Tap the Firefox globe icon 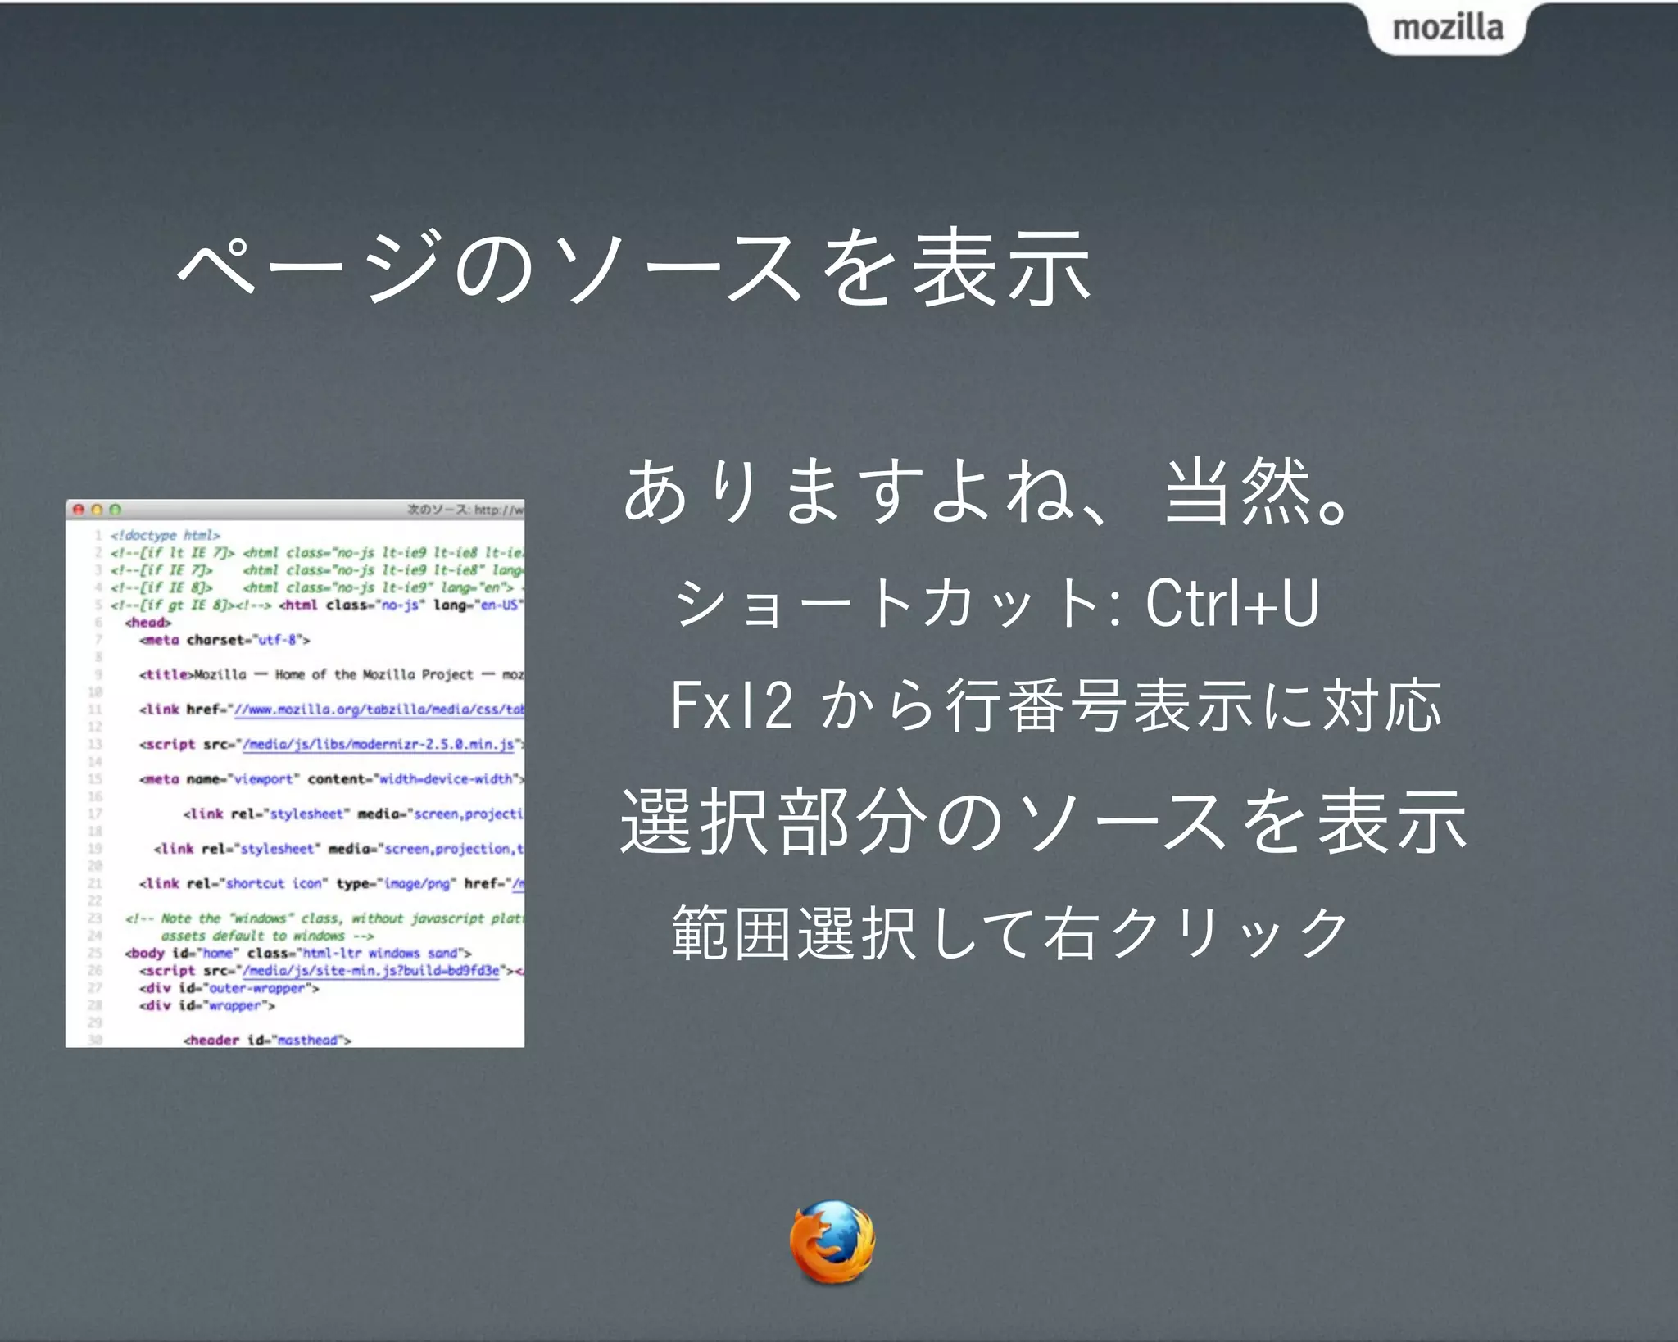(832, 1240)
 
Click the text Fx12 (732, 705)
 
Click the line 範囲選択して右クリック (1009, 932)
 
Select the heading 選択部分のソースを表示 (1043, 822)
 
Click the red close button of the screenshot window (79, 510)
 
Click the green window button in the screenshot (115, 510)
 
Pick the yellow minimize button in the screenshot (97, 510)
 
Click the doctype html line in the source (166, 536)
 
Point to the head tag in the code (148, 623)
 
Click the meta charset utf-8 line (224, 640)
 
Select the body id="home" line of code (298, 953)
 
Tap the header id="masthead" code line (267, 1040)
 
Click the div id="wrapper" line (207, 1005)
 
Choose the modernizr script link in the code (379, 744)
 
